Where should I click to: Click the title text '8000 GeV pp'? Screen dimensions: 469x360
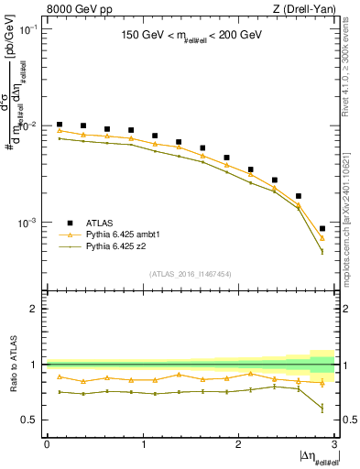click(73, 8)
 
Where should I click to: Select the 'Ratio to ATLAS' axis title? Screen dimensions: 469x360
click(12, 365)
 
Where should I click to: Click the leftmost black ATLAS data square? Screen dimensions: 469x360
click(60, 124)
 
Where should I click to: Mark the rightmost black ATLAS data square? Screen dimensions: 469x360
click(322, 228)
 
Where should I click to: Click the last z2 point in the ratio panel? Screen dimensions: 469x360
click(322, 408)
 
